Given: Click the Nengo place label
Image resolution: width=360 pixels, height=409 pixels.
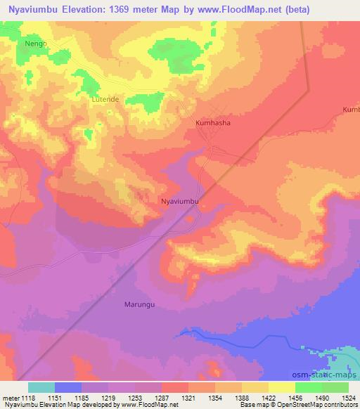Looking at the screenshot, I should tap(35, 44).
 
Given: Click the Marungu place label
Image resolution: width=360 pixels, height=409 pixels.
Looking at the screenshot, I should tap(139, 304).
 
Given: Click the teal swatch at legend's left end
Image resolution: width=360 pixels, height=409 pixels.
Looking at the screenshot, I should tap(41, 387).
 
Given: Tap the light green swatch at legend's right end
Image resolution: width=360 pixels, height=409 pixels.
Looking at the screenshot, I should tap(335, 387).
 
